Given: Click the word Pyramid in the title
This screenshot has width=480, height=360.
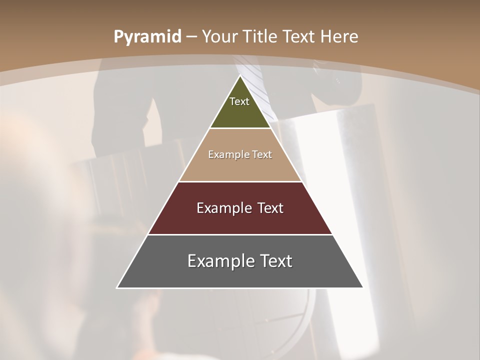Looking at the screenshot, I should (x=147, y=37).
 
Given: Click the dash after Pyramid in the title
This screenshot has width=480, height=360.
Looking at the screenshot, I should (x=191, y=37).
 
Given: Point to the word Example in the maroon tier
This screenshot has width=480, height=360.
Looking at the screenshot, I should (x=223, y=208).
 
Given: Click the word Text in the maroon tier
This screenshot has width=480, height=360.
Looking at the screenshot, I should (x=270, y=208).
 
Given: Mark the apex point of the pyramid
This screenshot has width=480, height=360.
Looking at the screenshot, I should (x=240, y=75).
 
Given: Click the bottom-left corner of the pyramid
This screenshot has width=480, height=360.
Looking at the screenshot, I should (x=117, y=287).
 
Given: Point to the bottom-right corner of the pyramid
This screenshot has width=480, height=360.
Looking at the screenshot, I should (x=363, y=287).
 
